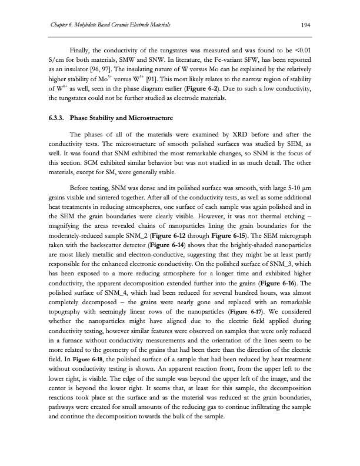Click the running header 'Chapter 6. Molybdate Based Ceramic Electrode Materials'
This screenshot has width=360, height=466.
click(x=104, y=24)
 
